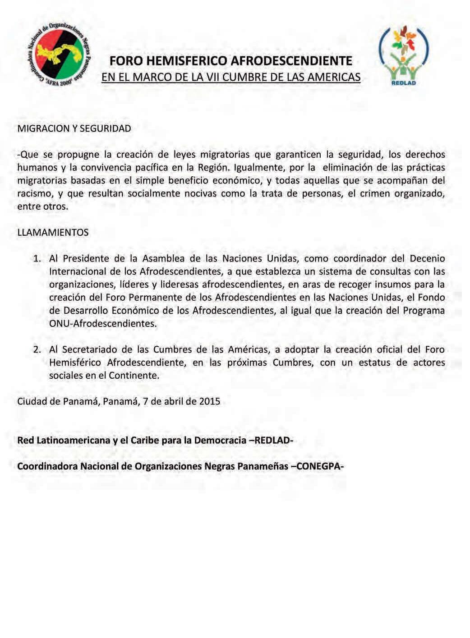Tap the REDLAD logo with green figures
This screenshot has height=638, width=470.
click(403, 55)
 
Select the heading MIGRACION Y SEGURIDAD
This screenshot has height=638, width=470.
click(74, 129)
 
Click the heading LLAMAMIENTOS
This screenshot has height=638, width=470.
click(53, 233)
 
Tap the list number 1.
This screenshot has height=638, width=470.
click(37, 259)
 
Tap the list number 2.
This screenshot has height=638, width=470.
click(37, 349)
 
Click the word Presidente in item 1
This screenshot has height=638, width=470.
click(86, 259)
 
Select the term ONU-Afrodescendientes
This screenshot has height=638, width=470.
click(103, 324)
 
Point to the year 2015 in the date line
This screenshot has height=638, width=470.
click(209, 401)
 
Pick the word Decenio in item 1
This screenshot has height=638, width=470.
click(427, 259)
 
